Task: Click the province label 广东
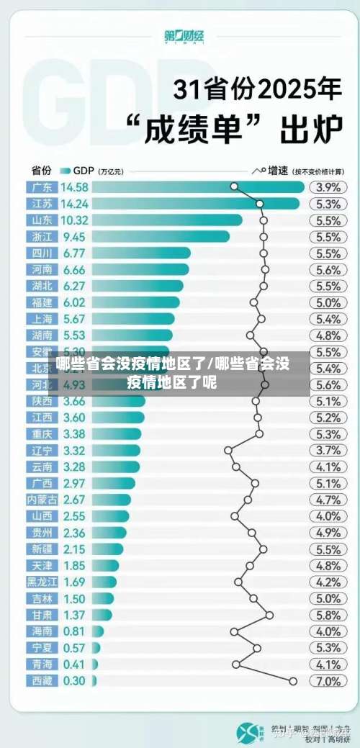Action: pyautogui.click(x=42, y=187)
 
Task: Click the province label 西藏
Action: pyautogui.click(x=42, y=681)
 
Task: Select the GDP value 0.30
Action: pyautogui.click(x=74, y=681)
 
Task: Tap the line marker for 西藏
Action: pyautogui.click(x=293, y=681)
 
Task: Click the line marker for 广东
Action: pyautogui.click(x=234, y=186)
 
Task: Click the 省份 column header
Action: pyautogui.click(x=41, y=171)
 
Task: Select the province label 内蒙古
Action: pyautogui.click(x=42, y=500)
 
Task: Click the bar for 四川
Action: pyautogui.click(x=141, y=253)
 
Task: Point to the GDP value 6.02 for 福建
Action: pyautogui.click(x=74, y=302)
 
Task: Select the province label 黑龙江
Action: pyautogui.click(x=42, y=582)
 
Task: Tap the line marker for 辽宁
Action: pyautogui.click(x=228, y=450)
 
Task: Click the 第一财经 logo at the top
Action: pyautogui.click(x=179, y=36)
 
